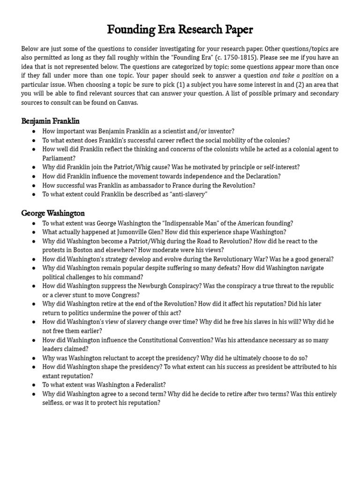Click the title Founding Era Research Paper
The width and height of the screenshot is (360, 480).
click(x=180, y=30)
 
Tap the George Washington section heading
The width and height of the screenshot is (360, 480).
click(x=53, y=213)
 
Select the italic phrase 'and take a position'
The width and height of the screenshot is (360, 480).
click(x=297, y=75)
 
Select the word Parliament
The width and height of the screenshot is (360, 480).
click(x=59, y=158)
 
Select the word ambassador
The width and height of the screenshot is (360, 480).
click(x=142, y=185)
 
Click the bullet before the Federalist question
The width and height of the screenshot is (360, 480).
click(x=33, y=385)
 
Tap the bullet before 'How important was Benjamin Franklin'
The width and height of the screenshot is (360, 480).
click(x=33, y=131)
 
